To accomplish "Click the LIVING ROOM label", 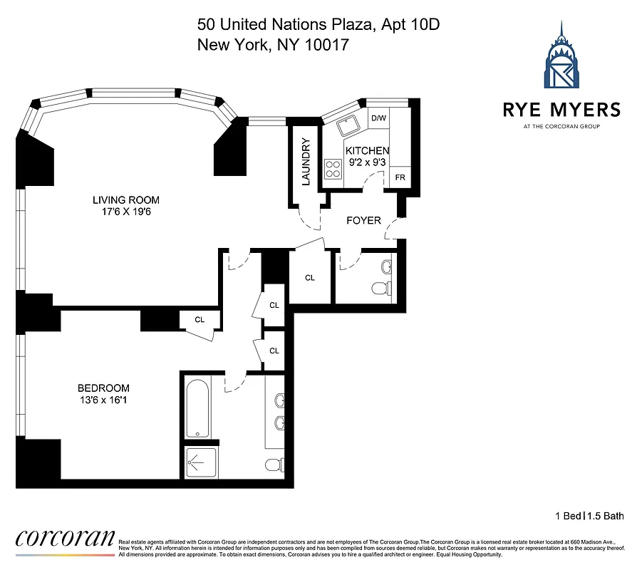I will pos(125,199).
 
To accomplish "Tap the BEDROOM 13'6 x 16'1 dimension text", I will pos(104,400).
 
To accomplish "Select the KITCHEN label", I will pos(367,151).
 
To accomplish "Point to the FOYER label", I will pos(363,220).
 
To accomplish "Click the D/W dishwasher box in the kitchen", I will pos(378,119).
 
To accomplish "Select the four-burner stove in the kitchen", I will pos(332,169).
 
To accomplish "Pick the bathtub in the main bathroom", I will pos(197,408).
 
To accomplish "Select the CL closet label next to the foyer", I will pos(309,278).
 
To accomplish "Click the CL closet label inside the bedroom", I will pos(200,320).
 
